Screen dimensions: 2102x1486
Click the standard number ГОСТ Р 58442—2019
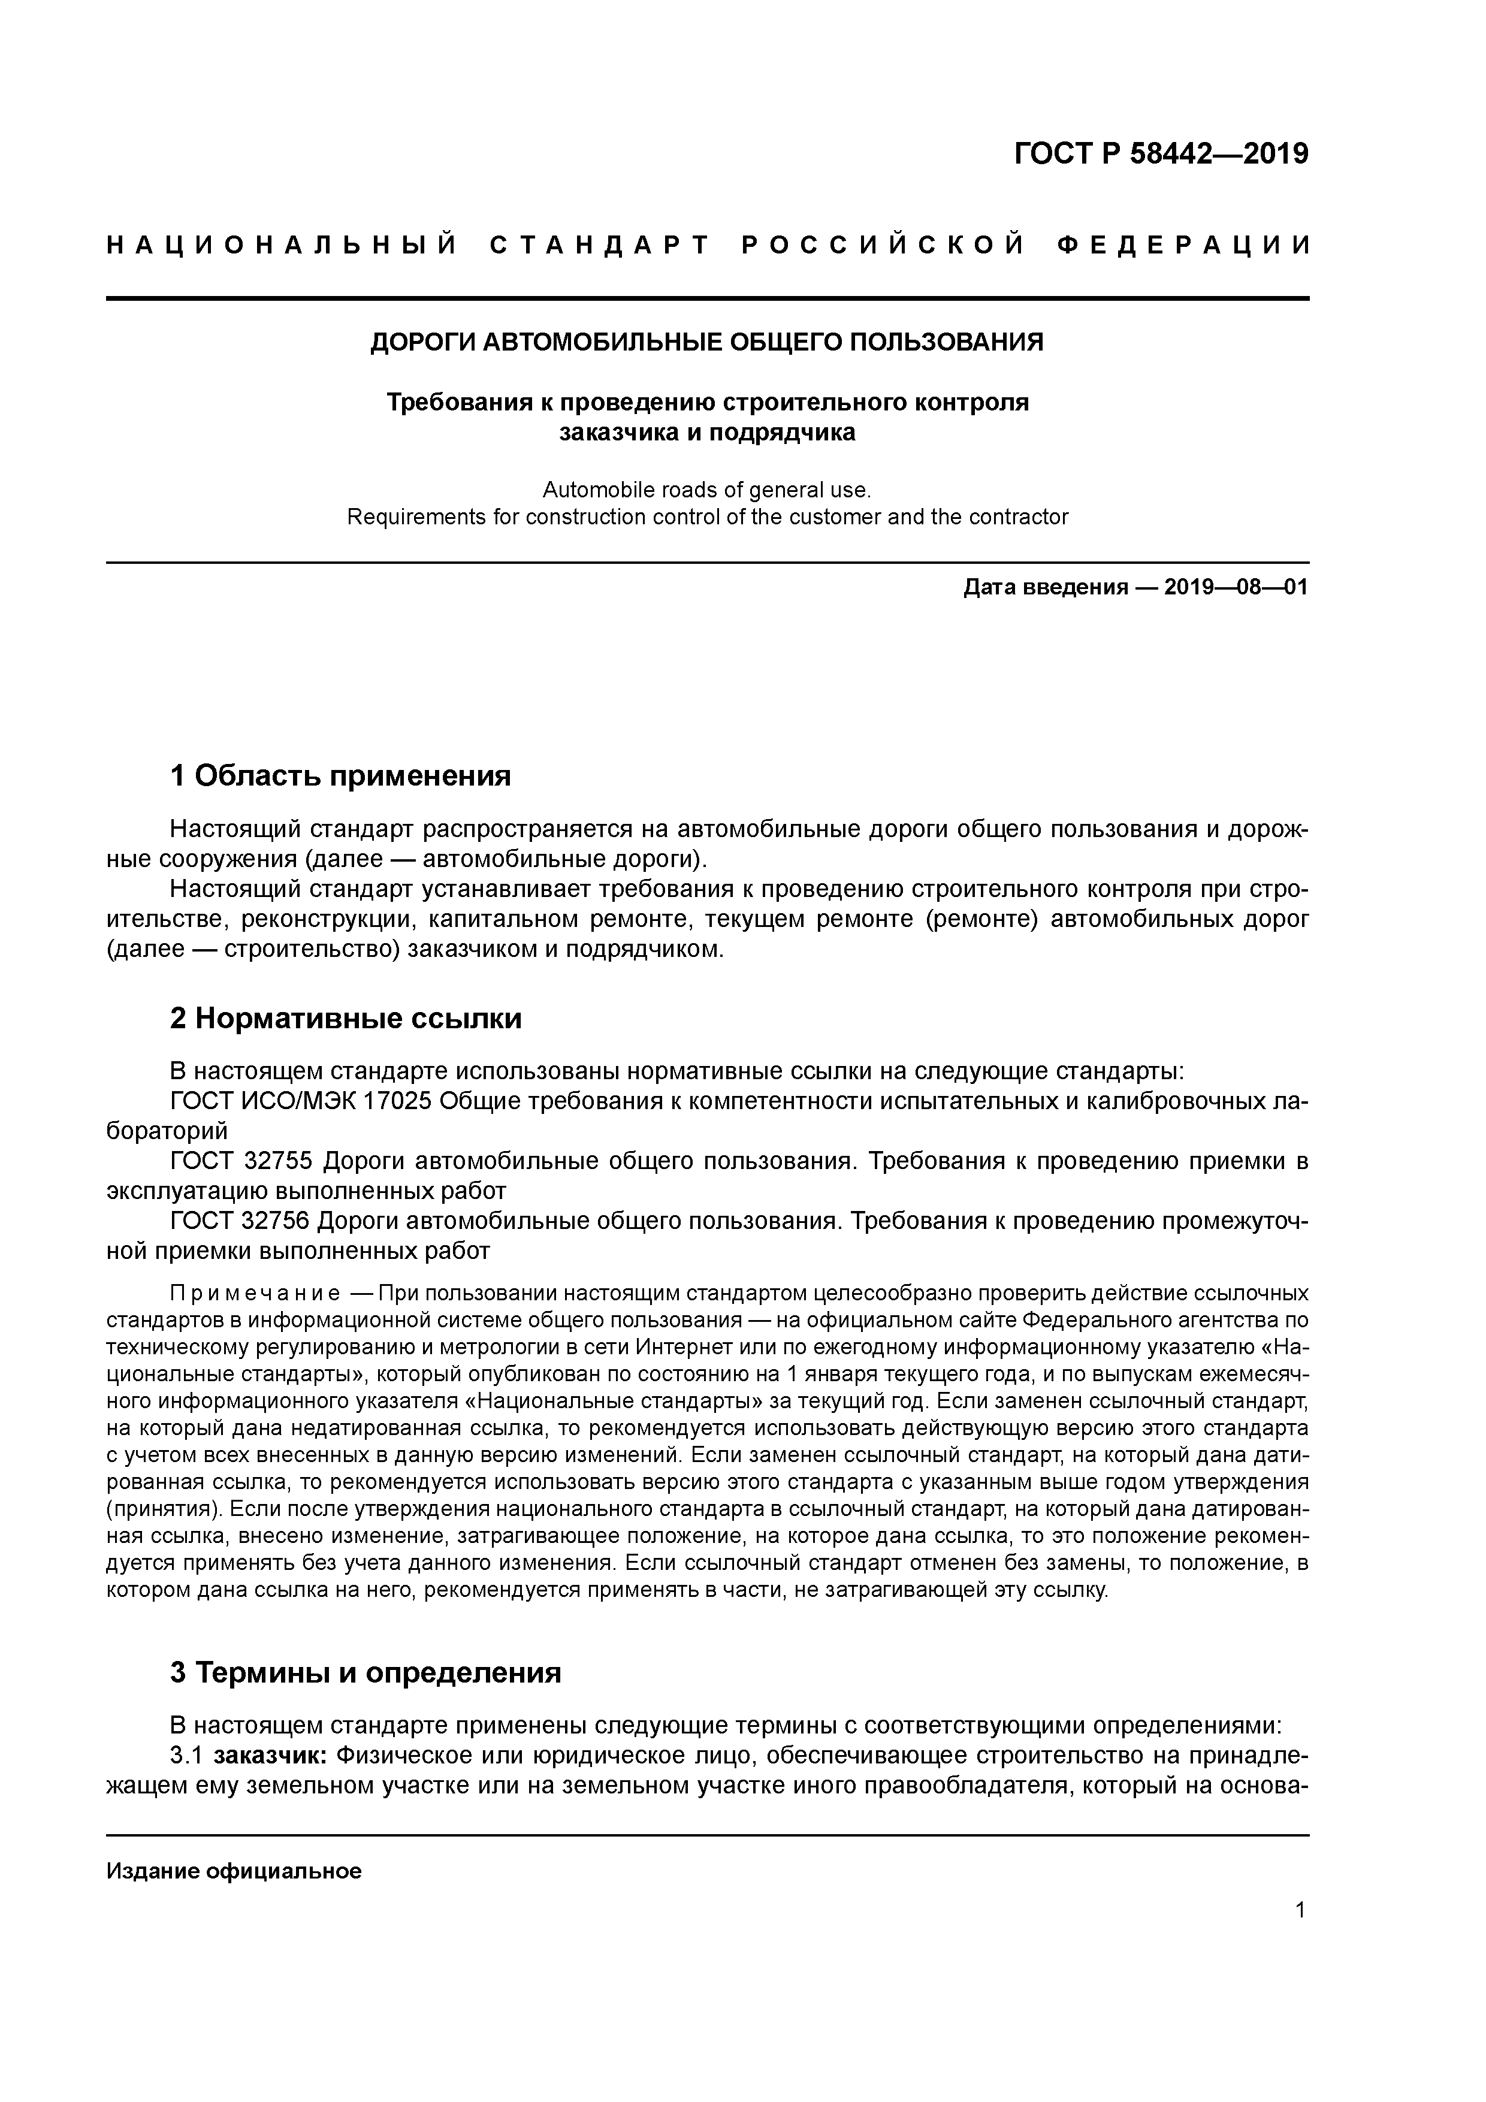coord(1161,154)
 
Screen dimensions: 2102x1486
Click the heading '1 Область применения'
coord(340,777)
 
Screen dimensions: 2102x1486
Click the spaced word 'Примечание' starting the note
coord(255,1294)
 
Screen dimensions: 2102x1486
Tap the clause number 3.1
coord(186,1756)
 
